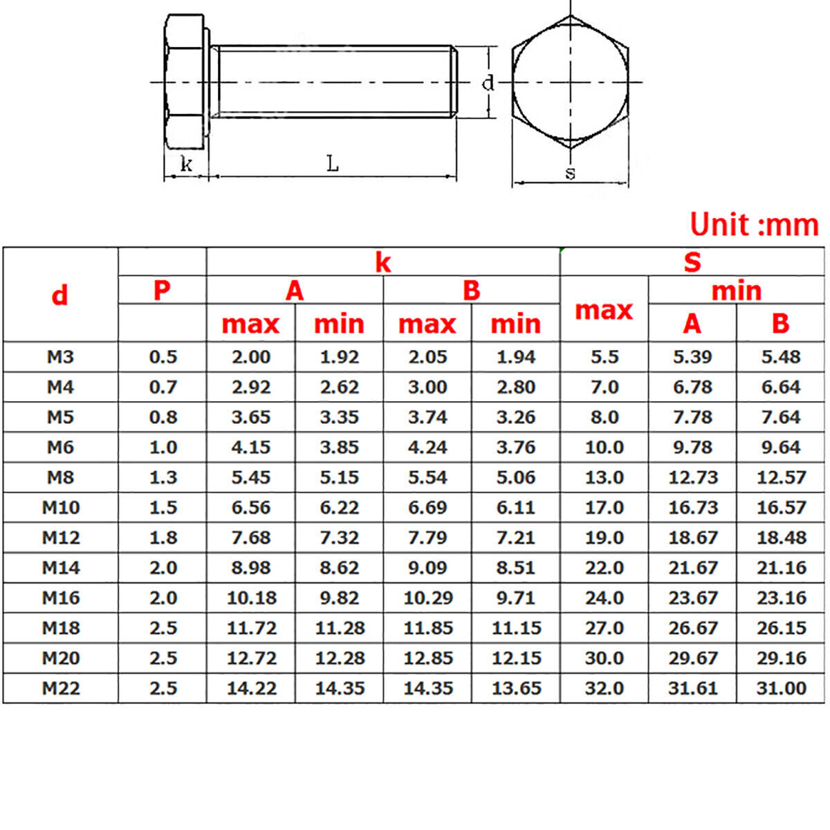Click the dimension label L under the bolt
point(333,164)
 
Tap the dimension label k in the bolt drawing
point(185,165)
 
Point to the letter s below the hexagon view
point(570,173)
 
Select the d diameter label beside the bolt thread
point(488,83)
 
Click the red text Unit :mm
point(754,225)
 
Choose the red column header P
point(162,290)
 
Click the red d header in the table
point(60,295)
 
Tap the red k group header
point(382,263)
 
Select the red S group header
point(692,263)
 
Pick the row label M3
point(60,357)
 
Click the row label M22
point(61,688)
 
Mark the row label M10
point(61,508)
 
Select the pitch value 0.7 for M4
point(163,387)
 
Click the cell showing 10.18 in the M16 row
point(251,598)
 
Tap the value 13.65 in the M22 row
point(516,688)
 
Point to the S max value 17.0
point(604,508)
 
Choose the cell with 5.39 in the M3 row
point(692,357)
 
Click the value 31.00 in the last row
point(781,688)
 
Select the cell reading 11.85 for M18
point(427,628)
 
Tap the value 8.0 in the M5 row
point(604,417)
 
